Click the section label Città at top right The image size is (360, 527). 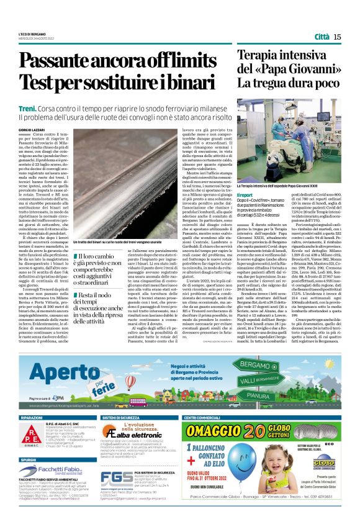[x=320, y=37]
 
